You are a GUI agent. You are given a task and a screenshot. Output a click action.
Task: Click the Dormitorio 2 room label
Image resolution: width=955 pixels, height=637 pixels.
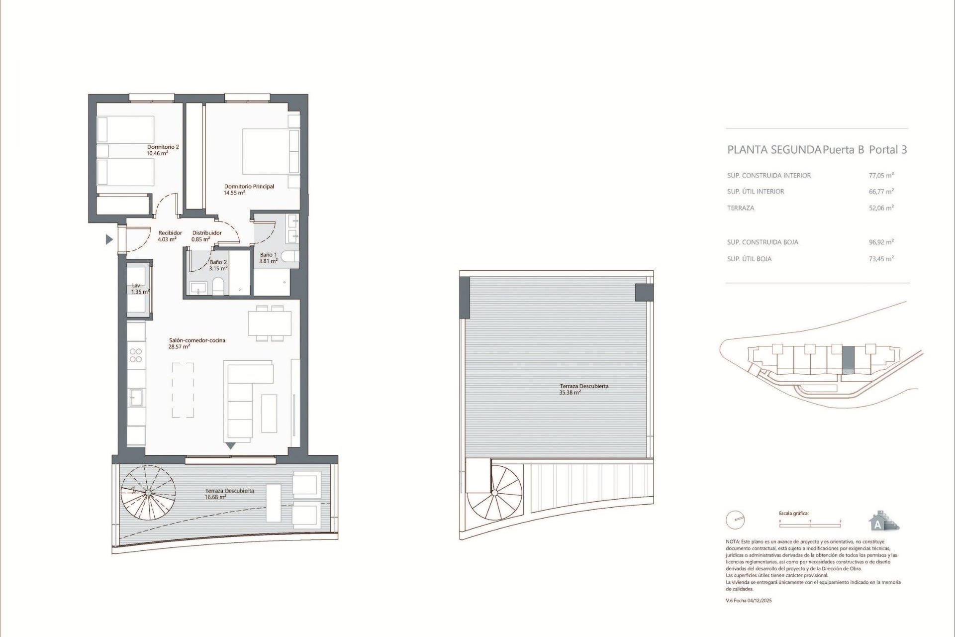[163, 147]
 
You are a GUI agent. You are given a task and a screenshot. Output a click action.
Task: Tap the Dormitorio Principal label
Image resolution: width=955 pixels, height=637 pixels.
[249, 187]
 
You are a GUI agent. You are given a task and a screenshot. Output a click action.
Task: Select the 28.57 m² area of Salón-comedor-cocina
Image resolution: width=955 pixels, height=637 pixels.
[179, 347]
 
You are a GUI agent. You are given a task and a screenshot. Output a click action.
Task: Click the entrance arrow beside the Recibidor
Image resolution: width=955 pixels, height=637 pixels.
[109, 240]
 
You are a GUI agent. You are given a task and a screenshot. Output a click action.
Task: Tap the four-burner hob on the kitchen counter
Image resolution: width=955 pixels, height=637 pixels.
[136, 355]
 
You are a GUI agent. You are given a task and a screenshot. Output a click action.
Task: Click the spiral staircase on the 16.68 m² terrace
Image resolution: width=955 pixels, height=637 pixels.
[147, 493]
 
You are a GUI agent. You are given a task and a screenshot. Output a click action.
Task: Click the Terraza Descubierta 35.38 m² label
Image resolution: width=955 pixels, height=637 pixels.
[584, 386]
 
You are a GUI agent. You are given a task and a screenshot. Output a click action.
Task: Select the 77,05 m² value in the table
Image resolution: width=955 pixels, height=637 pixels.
[881, 175]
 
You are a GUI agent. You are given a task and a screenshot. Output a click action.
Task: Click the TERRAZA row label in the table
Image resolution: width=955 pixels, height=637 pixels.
[741, 208]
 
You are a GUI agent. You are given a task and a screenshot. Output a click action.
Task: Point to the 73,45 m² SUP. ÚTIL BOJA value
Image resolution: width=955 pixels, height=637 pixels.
[881, 259]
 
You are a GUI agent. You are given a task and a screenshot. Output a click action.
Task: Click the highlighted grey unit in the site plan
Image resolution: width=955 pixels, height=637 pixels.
[848, 360]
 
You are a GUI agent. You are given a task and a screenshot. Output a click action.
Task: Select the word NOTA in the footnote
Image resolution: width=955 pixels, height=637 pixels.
[732, 541]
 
